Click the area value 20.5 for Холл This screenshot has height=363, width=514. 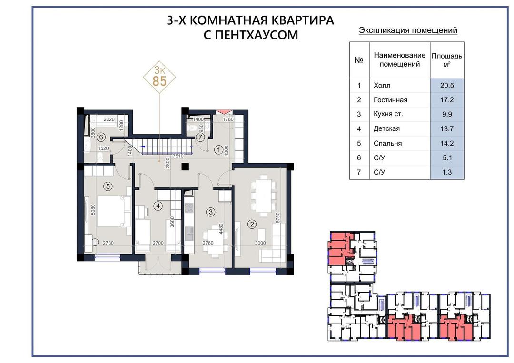[x=447, y=86]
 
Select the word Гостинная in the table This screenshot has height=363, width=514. [x=390, y=100]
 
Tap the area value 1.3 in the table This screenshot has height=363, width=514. [x=447, y=172]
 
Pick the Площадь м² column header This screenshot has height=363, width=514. [x=447, y=59]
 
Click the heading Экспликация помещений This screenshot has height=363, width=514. [x=408, y=30]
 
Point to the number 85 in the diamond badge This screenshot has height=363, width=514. [x=159, y=81]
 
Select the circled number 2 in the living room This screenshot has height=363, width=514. [x=252, y=224]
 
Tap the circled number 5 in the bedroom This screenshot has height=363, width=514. [x=108, y=186]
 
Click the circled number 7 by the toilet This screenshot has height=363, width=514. [x=200, y=137]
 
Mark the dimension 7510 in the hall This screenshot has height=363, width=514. [x=178, y=156]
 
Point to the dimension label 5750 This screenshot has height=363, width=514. [x=277, y=218]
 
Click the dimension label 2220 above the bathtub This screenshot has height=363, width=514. [x=109, y=119]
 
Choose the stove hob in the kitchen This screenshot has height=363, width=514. [x=189, y=208]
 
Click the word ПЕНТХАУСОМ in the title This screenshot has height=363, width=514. [x=251, y=35]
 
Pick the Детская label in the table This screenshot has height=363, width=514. [x=386, y=129]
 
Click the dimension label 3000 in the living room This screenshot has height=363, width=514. [x=261, y=243]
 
